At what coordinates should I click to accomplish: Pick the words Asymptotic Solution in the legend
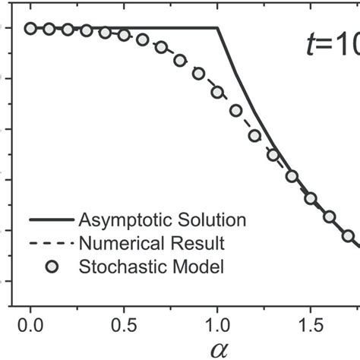(x=163, y=220)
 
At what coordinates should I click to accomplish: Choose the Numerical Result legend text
(x=152, y=243)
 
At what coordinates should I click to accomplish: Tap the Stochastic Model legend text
(x=152, y=266)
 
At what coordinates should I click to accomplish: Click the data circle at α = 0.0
(x=30, y=29)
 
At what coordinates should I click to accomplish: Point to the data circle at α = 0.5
(x=124, y=36)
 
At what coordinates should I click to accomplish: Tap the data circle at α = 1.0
(x=218, y=92)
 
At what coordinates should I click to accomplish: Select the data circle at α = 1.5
(x=311, y=198)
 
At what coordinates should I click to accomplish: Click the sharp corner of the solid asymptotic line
(x=218, y=29)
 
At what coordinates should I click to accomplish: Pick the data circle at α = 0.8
(x=180, y=60)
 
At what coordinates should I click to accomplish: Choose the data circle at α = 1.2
(x=255, y=136)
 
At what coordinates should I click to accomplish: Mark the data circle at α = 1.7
(x=349, y=236)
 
